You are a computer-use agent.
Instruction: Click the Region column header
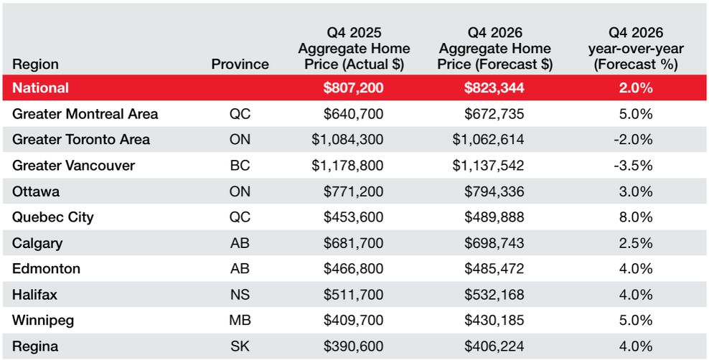(x=35, y=65)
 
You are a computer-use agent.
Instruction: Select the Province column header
(x=240, y=64)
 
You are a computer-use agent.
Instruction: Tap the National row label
(x=40, y=87)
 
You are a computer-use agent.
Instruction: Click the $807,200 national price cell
(x=353, y=87)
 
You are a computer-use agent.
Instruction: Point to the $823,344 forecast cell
(x=494, y=87)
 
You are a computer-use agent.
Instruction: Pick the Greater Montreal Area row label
(x=85, y=114)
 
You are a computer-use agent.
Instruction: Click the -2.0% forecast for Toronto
(x=633, y=140)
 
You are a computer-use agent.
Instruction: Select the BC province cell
(x=240, y=166)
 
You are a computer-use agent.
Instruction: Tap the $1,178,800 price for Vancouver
(x=347, y=166)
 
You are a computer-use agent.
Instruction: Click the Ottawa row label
(x=36, y=191)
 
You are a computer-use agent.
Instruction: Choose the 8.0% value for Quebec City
(x=636, y=217)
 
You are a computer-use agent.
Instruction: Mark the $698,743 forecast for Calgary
(x=494, y=243)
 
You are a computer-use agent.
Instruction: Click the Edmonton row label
(x=46, y=269)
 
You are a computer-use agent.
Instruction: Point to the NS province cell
(x=240, y=295)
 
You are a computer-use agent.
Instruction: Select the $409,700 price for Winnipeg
(x=353, y=321)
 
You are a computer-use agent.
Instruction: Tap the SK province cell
(x=240, y=347)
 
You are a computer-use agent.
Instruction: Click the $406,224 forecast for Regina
(x=494, y=347)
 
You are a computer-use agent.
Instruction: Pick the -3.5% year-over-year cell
(x=633, y=166)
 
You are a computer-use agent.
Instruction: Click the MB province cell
(x=240, y=321)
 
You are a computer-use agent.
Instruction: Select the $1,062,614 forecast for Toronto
(x=489, y=140)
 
